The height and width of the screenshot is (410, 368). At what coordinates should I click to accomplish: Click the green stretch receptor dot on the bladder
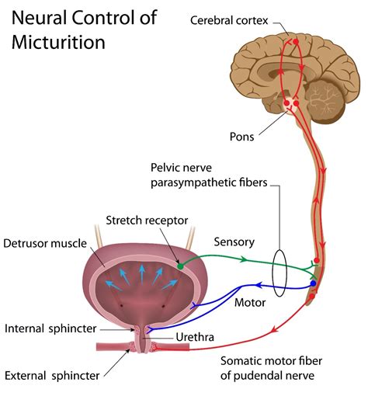click(x=180, y=266)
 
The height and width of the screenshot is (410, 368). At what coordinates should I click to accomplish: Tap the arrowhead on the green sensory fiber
click(x=245, y=259)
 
